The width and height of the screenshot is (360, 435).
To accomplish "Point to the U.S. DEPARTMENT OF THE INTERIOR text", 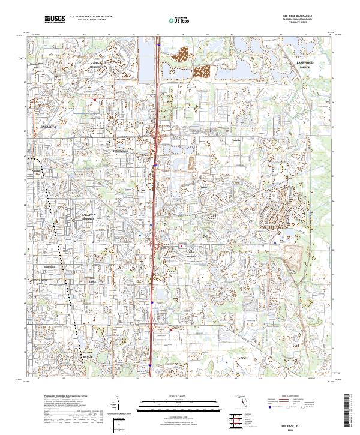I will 90,17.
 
